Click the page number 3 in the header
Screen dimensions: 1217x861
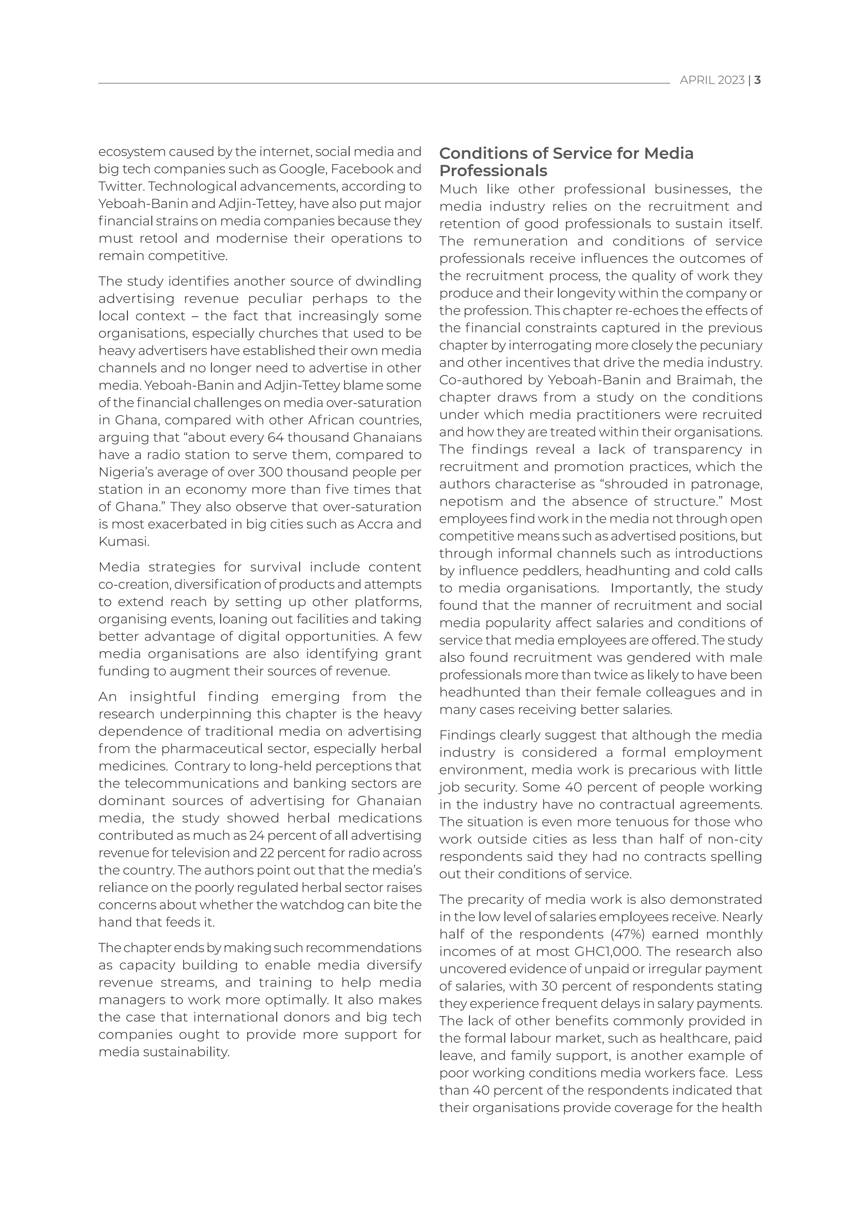758,80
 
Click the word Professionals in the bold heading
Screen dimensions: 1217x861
493,171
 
